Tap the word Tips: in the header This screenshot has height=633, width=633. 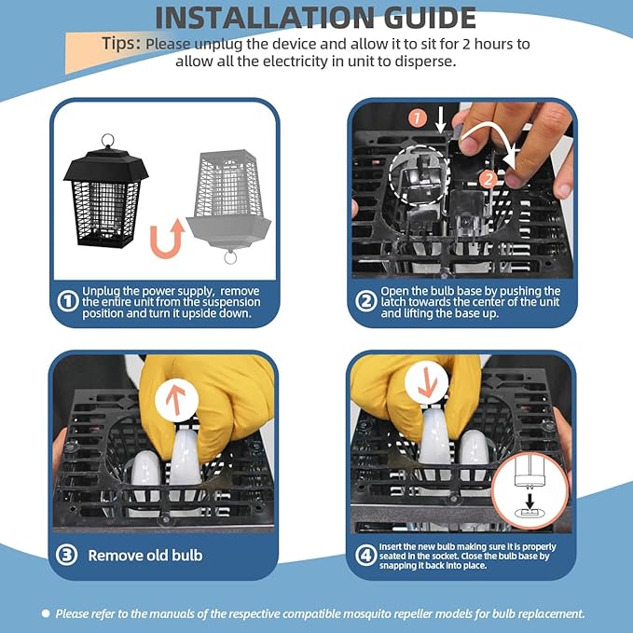click(121, 43)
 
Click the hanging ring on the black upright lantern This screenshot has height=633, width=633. click(107, 141)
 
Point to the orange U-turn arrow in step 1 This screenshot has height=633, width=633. click(167, 238)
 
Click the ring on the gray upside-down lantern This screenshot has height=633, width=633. click(230, 257)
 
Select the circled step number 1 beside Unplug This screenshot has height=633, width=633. click(67, 301)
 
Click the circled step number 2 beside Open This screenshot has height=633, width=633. click(366, 301)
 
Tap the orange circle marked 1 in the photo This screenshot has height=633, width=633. click(418, 118)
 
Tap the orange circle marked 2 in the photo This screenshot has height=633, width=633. click(489, 179)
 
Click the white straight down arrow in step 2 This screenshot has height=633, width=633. click(440, 119)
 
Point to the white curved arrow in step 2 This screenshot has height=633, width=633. click(490, 130)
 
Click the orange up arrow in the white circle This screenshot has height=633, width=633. click(176, 400)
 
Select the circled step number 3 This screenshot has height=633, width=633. click(66, 555)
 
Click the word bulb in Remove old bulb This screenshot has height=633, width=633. click(186, 555)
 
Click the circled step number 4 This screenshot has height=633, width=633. click(366, 555)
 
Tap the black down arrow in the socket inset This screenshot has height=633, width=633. click(530, 502)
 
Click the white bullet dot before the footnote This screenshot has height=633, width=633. click(46, 613)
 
